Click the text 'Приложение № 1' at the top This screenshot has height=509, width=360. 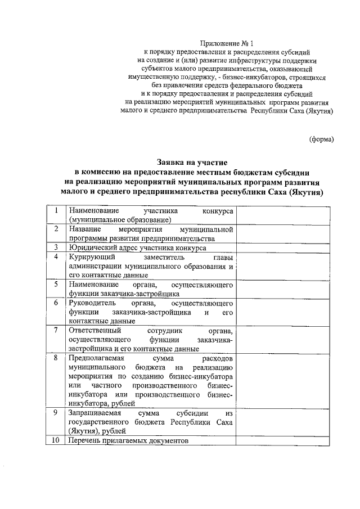[x=228, y=43]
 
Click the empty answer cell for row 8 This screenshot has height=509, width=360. [x=285, y=380]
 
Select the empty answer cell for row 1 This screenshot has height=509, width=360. [x=285, y=215]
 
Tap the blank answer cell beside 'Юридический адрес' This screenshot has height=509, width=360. [x=285, y=247]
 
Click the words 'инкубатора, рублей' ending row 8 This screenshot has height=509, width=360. [x=101, y=403]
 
